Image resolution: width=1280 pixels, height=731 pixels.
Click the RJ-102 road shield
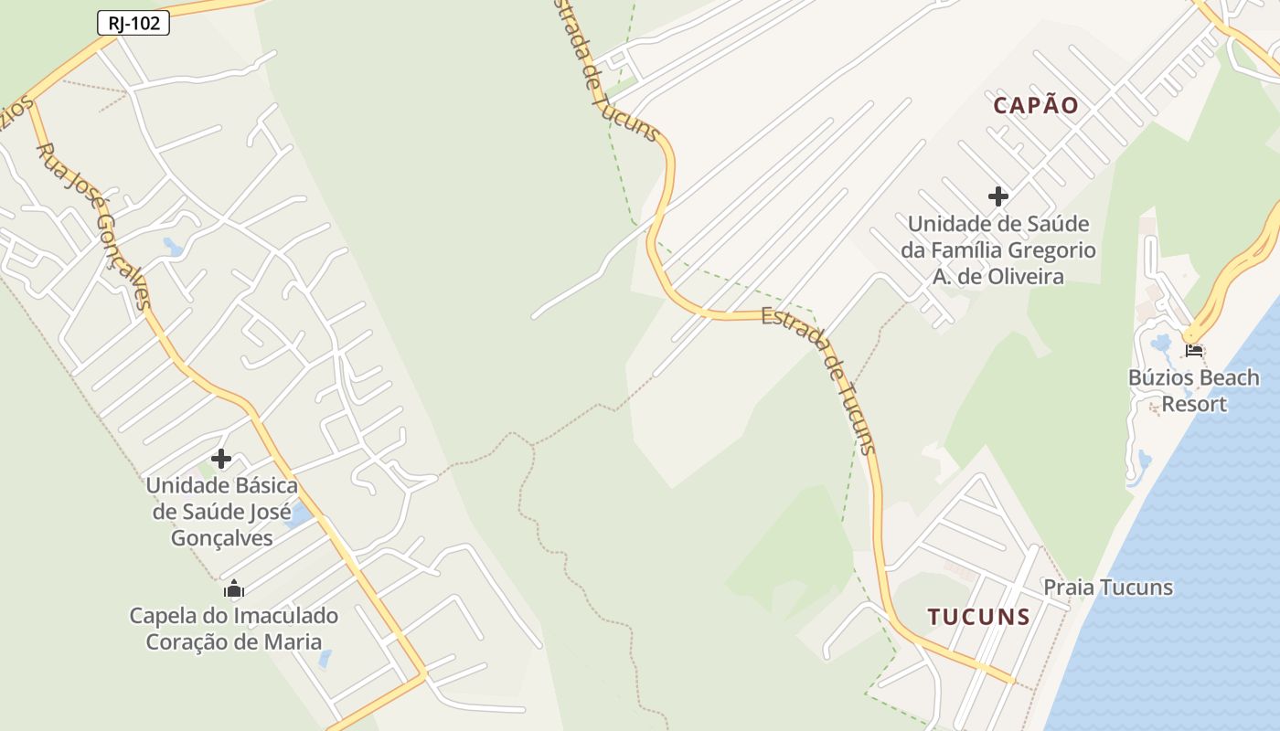pos(133,24)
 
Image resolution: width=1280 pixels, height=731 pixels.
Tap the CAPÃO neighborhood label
pos(1036,106)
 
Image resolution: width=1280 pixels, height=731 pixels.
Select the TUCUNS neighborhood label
pos(979,617)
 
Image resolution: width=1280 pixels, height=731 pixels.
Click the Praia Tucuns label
pos(1108,588)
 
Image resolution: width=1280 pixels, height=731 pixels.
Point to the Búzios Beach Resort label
pos(1193,390)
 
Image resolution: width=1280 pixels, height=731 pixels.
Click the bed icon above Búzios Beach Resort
pos(1193,350)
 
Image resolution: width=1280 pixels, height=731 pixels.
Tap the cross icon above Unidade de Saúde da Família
pos(998,196)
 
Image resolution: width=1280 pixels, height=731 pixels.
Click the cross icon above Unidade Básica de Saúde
pos(221,459)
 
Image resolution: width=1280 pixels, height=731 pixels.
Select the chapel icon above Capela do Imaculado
pos(234,588)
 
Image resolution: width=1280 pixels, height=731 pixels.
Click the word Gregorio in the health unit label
pos(1049,249)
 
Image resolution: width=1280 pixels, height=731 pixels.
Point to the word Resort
pos(1194,403)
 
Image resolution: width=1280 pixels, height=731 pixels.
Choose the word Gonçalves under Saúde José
pos(222,537)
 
